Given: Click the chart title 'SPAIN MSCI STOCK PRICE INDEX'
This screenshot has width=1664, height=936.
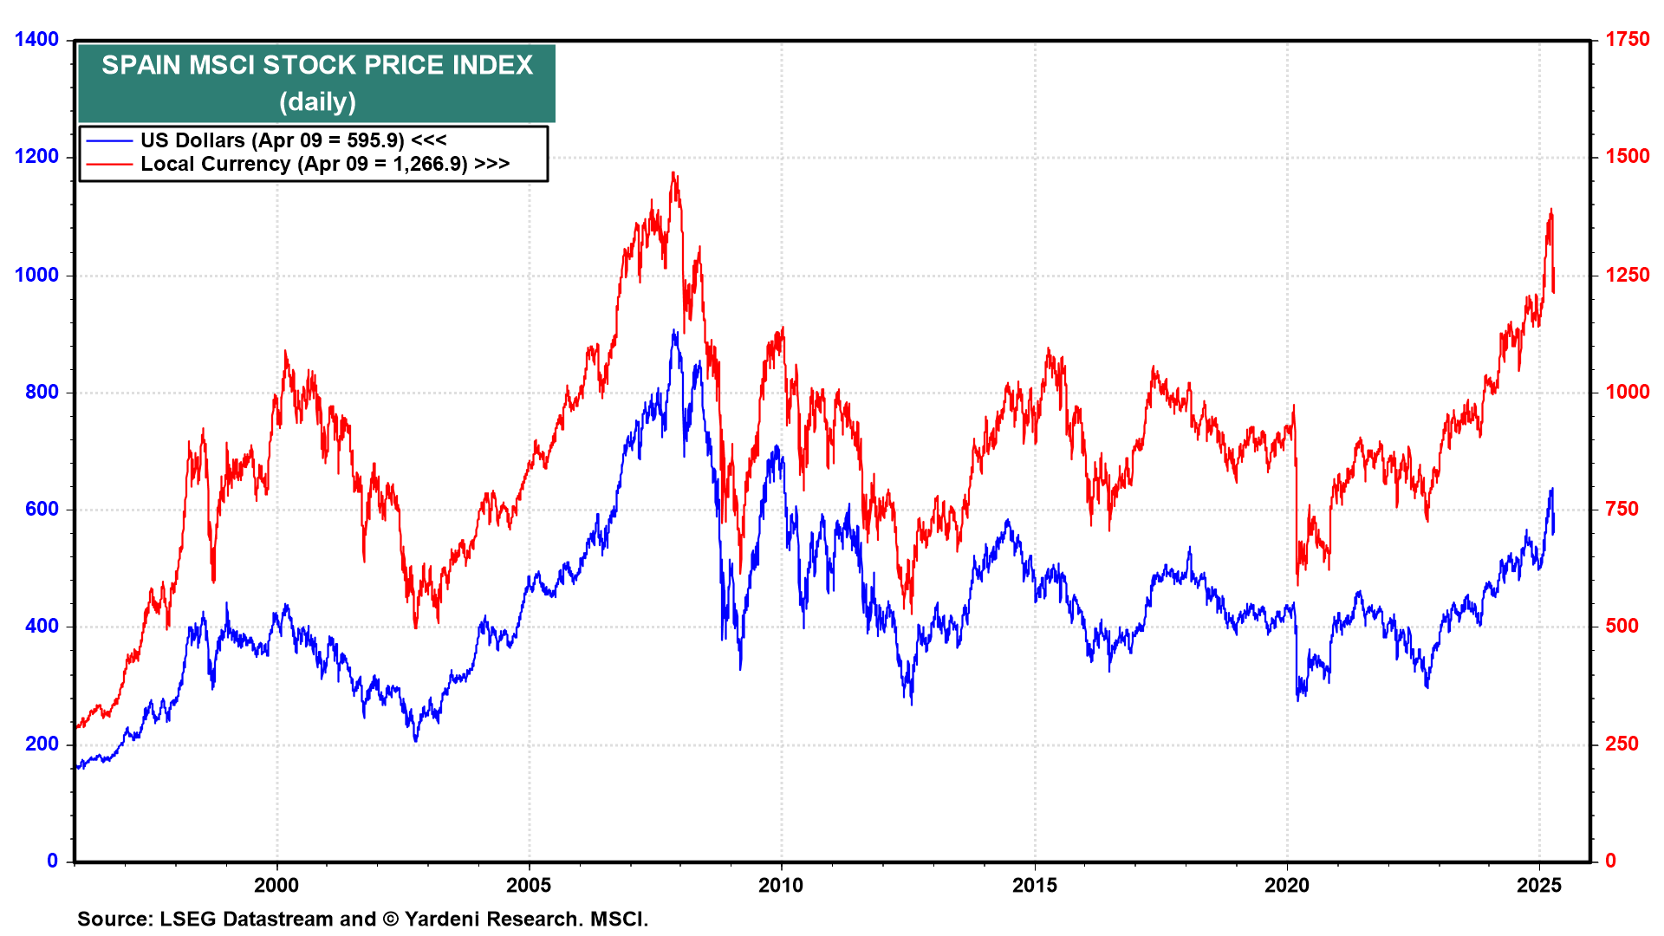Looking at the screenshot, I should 317,65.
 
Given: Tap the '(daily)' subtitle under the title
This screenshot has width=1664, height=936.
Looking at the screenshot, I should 317,102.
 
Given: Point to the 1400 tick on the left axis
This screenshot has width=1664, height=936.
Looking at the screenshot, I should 36,39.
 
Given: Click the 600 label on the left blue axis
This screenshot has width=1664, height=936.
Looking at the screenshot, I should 42,509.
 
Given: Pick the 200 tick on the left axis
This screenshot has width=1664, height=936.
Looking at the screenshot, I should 42,744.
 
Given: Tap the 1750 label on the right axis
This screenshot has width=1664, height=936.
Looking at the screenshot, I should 1628,39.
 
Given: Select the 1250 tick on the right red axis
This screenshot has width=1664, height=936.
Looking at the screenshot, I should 1628,275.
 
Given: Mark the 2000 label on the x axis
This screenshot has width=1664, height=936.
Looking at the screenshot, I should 276,885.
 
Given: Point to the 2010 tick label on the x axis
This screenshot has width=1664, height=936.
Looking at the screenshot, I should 781,885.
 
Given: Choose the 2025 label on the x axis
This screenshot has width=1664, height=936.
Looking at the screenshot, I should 1539,885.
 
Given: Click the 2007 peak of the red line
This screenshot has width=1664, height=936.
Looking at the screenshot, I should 673,173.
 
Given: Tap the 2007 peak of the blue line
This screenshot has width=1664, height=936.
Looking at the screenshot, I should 674,331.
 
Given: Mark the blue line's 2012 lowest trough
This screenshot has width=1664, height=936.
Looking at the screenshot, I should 912,703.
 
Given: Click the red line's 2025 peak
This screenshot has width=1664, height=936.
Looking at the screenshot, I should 1551,210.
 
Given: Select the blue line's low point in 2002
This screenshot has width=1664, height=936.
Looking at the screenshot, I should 416,741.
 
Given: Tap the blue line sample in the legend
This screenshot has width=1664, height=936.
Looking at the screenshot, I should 109,140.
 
